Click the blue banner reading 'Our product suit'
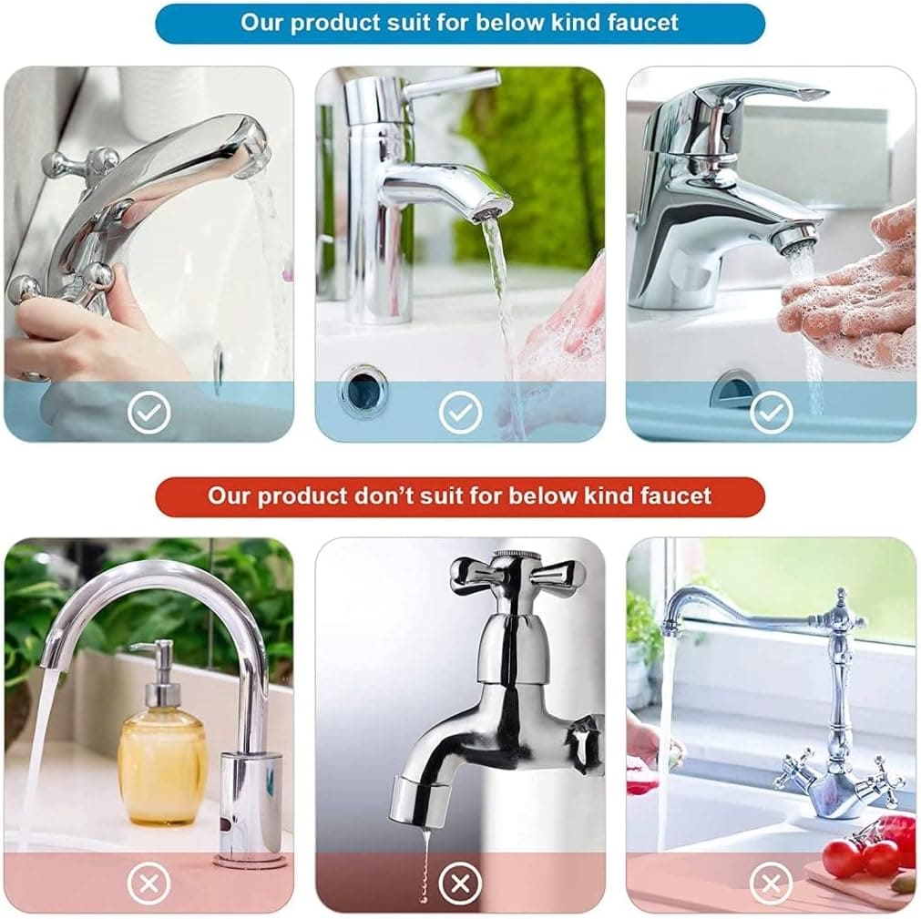(x=459, y=23)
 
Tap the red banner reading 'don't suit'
(x=459, y=496)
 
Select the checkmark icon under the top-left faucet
(x=148, y=413)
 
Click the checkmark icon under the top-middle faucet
(x=460, y=413)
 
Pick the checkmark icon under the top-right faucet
(x=771, y=413)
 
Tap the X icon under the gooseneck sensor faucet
(x=148, y=883)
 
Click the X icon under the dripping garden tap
(x=460, y=883)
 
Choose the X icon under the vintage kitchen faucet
(x=771, y=883)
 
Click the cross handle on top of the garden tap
(x=517, y=574)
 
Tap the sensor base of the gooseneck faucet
(x=250, y=811)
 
